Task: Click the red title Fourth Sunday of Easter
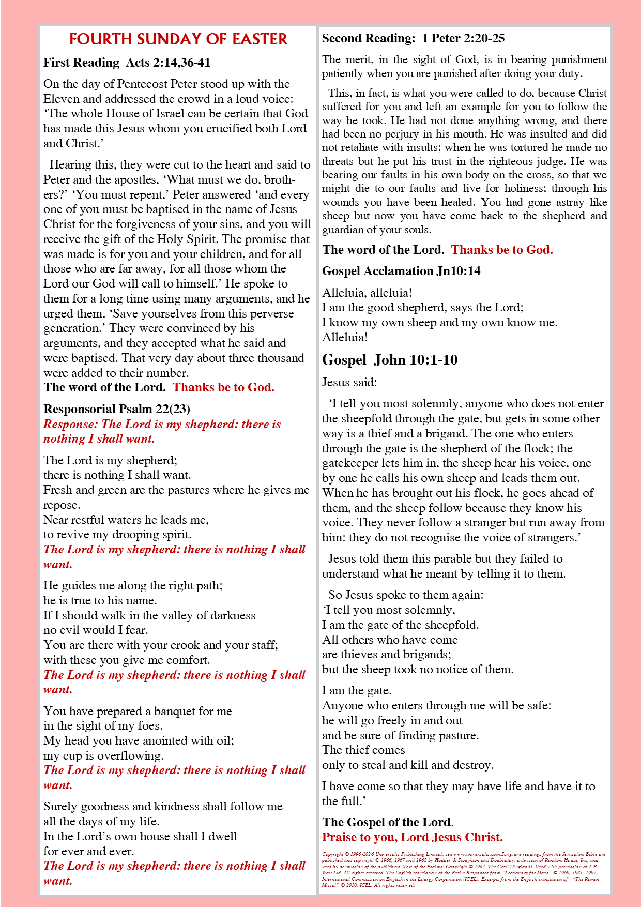178,39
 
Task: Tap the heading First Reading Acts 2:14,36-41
127,63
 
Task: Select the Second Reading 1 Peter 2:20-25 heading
413,38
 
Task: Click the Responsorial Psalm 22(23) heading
117,409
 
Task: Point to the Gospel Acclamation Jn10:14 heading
401,271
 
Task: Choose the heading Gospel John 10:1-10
390,360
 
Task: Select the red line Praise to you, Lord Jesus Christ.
412,837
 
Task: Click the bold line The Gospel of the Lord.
388,822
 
